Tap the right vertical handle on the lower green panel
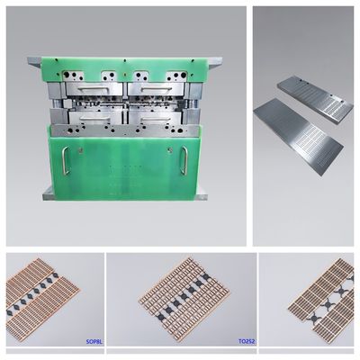tap(184, 161)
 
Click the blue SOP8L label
tap(94, 341)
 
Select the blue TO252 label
tap(247, 341)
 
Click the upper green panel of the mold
tap(124, 68)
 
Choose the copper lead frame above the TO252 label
tap(184, 295)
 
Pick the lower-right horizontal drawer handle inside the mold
tap(156, 119)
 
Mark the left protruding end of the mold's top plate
tap(34, 62)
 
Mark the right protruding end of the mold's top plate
tap(216, 62)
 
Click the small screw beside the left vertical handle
tap(80, 149)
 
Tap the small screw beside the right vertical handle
tap(170, 149)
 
